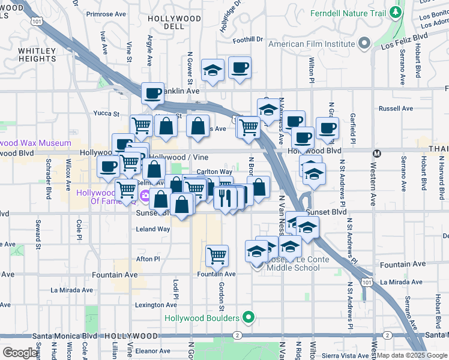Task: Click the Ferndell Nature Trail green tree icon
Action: click(x=395, y=12)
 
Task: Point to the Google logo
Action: click(x=20, y=353)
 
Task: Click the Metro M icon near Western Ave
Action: click(x=377, y=152)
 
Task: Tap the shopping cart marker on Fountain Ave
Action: click(x=217, y=255)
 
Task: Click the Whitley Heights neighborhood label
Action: click(x=37, y=55)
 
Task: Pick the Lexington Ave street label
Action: click(x=155, y=305)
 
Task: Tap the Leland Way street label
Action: click(x=153, y=229)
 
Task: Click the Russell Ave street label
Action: click(x=396, y=109)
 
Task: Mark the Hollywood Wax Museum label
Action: click(x=36, y=143)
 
